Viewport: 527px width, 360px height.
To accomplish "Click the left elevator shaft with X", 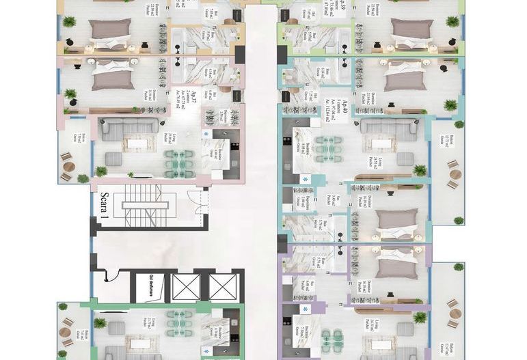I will [186, 287].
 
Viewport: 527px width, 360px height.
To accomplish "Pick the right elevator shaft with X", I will [222, 287].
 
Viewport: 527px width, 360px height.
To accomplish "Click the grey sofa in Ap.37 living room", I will [131, 126].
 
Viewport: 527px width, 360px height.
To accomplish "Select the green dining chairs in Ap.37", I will [179, 163].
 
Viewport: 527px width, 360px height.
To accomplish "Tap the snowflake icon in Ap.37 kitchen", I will [206, 135].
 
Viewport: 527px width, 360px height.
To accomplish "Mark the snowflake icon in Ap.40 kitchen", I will [305, 179].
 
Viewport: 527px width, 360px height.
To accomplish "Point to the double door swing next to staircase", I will [194, 203].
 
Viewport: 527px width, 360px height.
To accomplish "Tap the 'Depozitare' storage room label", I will [299, 198].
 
